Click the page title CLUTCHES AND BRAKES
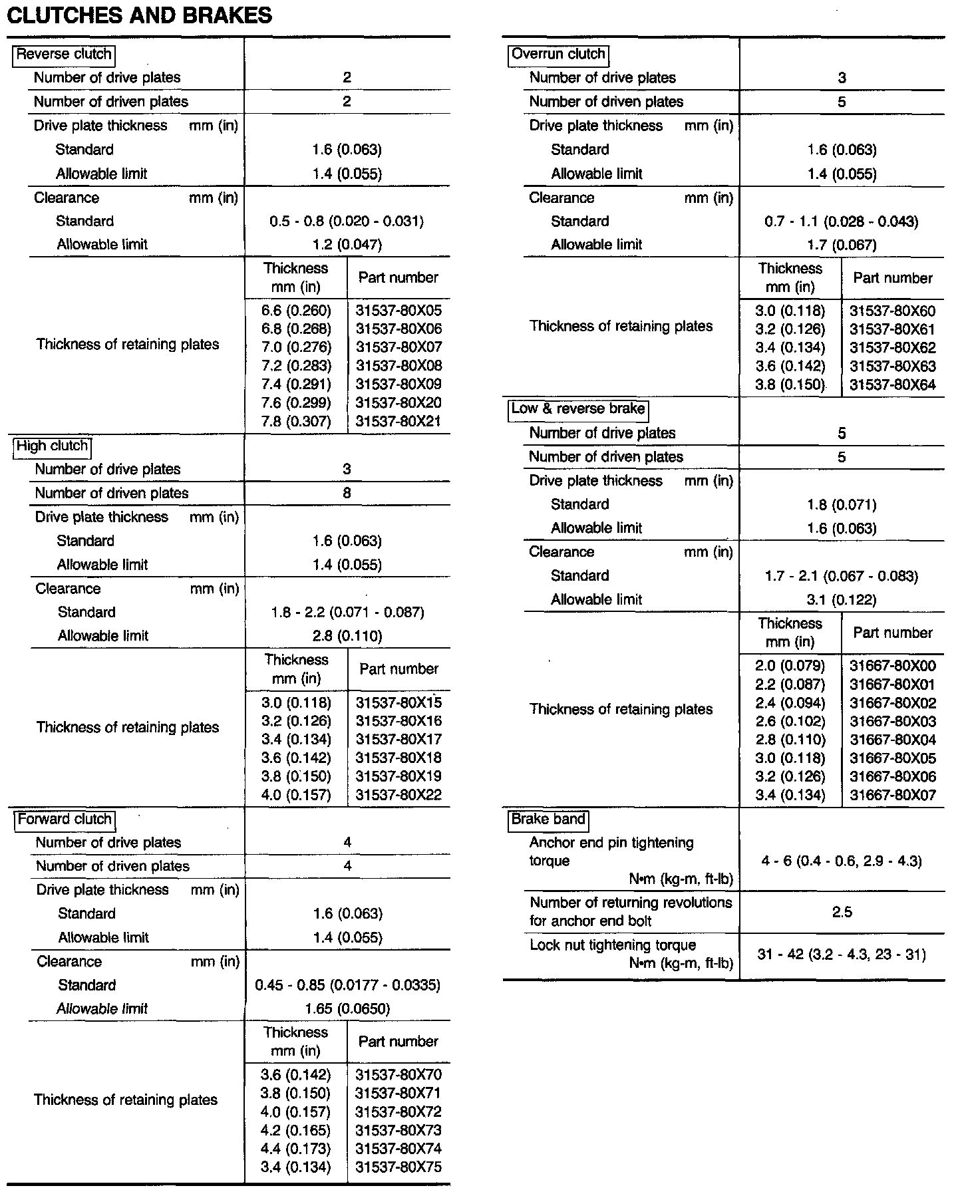[x=139, y=15]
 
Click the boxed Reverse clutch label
[x=64, y=55]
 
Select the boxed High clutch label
[x=52, y=446]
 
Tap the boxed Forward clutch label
[x=65, y=819]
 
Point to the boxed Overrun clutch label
[x=558, y=54]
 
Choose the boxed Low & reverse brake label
[x=578, y=408]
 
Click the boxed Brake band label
[x=548, y=819]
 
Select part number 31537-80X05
[x=399, y=311]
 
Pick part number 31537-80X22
[x=399, y=795]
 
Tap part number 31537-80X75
[x=399, y=1167]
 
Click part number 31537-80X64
[x=893, y=384]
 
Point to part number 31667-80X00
[x=893, y=666]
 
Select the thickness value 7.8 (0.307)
[x=296, y=421]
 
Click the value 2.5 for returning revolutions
[x=842, y=912]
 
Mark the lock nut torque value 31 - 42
[x=842, y=955]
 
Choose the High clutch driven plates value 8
[x=347, y=493]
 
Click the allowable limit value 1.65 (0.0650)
[x=347, y=1008]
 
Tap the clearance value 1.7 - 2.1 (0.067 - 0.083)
[x=842, y=575]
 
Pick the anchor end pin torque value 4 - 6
[x=842, y=861]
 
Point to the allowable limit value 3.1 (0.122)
[x=842, y=599]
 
